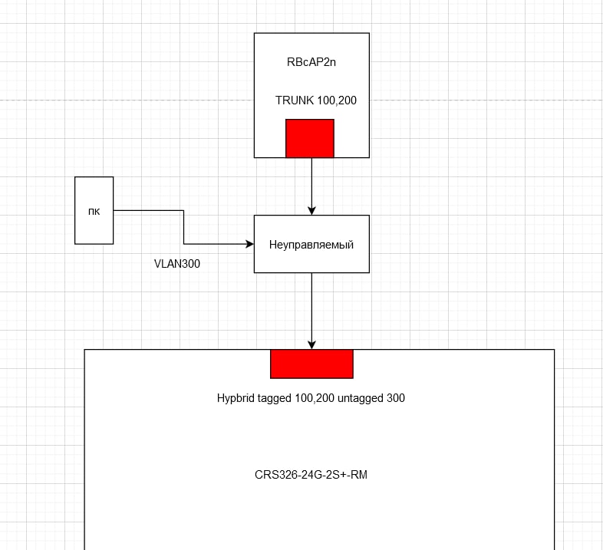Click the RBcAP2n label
click(x=311, y=62)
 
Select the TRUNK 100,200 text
click(x=316, y=100)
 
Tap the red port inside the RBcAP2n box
click(x=310, y=139)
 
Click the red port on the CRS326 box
click(x=311, y=364)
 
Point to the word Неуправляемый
click(x=311, y=245)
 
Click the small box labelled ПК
click(x=94, y=210)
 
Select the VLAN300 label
click(x=177, y=264)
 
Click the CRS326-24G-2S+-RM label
click(x=311, y=475)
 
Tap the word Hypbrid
click(x=236, y=398)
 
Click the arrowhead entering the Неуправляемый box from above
click(x=311, y=210)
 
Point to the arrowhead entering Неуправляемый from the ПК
click(x=249, y=244)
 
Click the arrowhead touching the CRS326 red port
click(x=311, y=344)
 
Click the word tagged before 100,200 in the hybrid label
click(x=274, y=398)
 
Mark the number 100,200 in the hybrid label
click(x=315, y=398)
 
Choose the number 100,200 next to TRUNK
click(x=337, y=100)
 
